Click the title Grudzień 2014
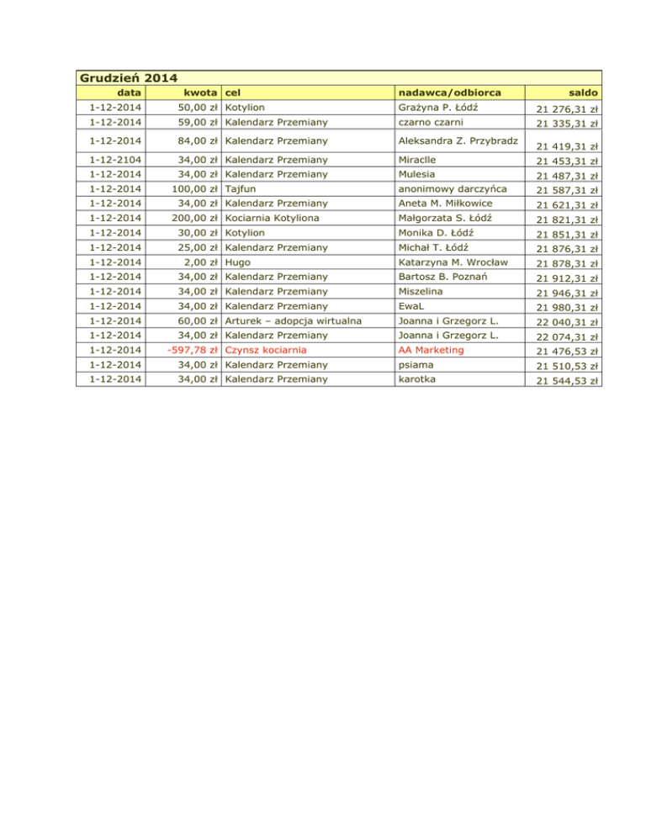[x=129, y=78]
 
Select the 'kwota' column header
[x=202, y=93]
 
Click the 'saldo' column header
[x=583, y=93]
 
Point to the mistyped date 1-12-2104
[x=116, y=159]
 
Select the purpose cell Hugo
[x=238, y=262]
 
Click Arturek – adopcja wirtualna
[x=294, y=320]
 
